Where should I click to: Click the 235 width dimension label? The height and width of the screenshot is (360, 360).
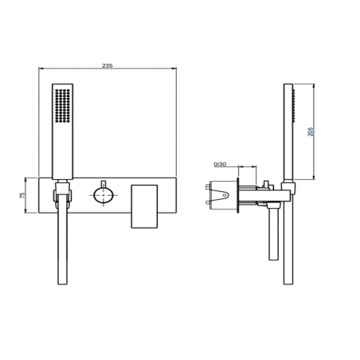(108, 66)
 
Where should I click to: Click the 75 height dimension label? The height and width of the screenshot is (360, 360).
(23, 194)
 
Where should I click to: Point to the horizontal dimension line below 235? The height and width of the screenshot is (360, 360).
(108, 73)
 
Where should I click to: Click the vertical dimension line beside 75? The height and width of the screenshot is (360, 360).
(29, 194)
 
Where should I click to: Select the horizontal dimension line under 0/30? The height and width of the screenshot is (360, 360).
(239, 169)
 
